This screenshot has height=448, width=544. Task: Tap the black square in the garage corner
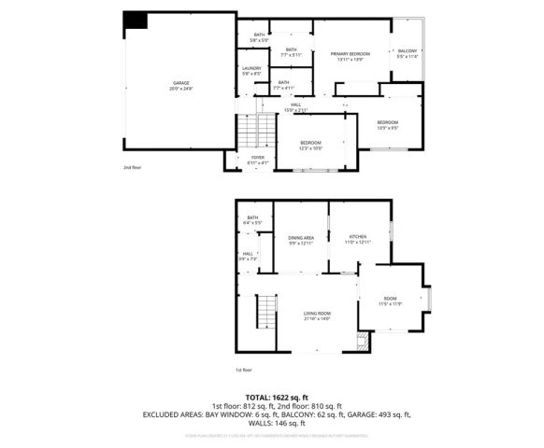pos(136,21)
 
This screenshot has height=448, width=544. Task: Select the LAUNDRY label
pos(251,70)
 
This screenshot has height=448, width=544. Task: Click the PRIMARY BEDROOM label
pos(351,56)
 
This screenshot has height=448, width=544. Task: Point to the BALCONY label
pos(408,53)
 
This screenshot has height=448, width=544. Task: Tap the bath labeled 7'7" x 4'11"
pos(283,86)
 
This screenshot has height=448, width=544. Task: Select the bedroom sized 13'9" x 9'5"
pos(388,124)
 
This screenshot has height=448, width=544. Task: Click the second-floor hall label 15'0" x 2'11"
pos(295,106)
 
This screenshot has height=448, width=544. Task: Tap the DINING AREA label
pos(301,241)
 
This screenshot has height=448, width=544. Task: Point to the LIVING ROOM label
pos(318,315)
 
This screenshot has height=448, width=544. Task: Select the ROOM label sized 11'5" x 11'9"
pos(389,301)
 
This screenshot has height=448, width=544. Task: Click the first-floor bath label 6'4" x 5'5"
pos(253,220)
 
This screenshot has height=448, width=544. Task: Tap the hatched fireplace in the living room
pos(364,344)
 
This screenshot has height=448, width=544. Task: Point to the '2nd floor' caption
pos(133,168)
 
